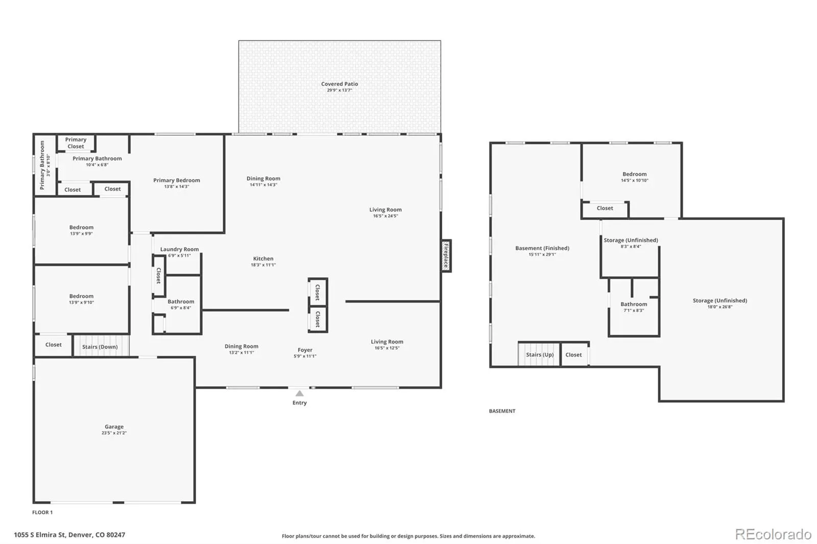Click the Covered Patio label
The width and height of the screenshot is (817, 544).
[x=339, y=84]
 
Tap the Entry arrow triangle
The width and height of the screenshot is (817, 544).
[x=299, y=393]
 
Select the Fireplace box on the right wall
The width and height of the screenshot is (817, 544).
[x=446, y=256]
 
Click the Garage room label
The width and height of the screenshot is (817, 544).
[x=114, y=427]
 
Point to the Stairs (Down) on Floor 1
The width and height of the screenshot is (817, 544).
[x=101, y=345]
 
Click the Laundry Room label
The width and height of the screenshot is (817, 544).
[x=179, y=250]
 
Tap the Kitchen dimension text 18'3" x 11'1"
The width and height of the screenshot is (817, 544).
[x=263, y=265]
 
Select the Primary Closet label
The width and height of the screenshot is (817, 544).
[x=76, y=143]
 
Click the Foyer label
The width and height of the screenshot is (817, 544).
[x=305, y=350]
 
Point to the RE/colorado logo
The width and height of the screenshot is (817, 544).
[x=773, y=534]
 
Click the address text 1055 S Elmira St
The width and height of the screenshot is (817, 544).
[x=39, y=535]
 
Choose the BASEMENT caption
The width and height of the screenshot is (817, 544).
[x=502, y=411]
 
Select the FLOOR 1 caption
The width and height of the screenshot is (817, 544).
[x=42, y=512]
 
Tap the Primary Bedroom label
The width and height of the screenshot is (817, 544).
[x=177, y=180]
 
